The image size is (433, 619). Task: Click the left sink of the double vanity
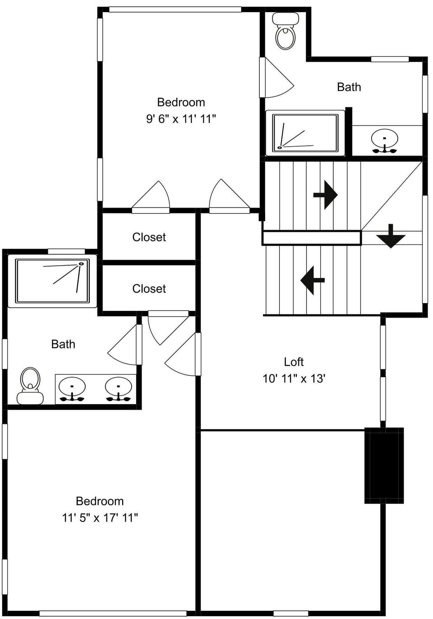point(72,388)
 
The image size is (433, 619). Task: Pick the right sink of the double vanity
point(118,388)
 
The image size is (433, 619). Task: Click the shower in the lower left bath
point(52,281)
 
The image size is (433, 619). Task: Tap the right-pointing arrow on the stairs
point(326,195)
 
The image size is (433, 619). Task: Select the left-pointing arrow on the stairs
point(313,280)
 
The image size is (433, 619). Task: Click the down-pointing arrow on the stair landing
point(391,236)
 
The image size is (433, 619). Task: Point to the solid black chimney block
point(384,465)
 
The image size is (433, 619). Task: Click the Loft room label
point(294,362)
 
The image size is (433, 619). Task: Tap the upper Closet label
point(149,237)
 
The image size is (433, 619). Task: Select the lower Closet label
point(149,289)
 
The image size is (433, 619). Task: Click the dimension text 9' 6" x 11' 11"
point(181,119)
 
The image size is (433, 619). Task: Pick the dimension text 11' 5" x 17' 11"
point(100,517)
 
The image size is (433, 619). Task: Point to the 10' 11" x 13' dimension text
point(294,379)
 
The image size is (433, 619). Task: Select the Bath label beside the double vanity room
point(63,344)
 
